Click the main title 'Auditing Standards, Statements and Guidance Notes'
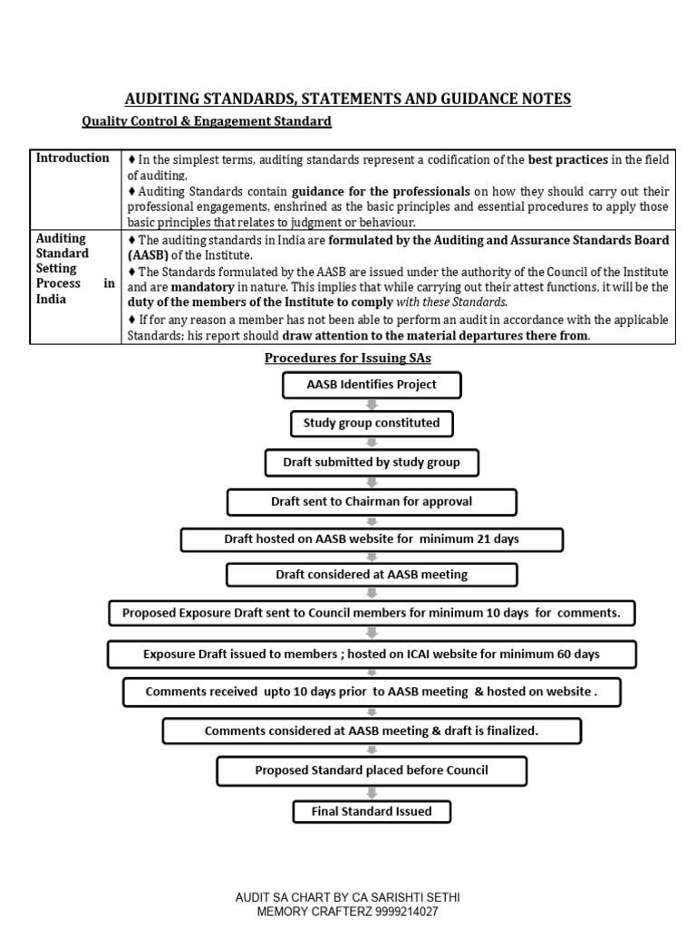tap(347, 99)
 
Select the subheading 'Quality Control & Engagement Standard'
tap(207, 121)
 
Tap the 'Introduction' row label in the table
tap(72, 158)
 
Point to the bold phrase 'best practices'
tap(567, 160)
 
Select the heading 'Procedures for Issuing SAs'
tap(347, 358)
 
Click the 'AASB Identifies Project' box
tap(372, 385)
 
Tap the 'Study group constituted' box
tap(372, 423)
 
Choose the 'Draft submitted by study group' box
tap(372, 463)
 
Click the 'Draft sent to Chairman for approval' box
tap(372, 502)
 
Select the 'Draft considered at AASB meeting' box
tap(372, 575)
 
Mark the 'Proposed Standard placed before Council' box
tap(372, 770)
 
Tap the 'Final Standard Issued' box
tap(372, 811)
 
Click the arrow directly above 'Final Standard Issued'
tap(372, 791)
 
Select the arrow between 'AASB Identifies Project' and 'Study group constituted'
tap(372, 404)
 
